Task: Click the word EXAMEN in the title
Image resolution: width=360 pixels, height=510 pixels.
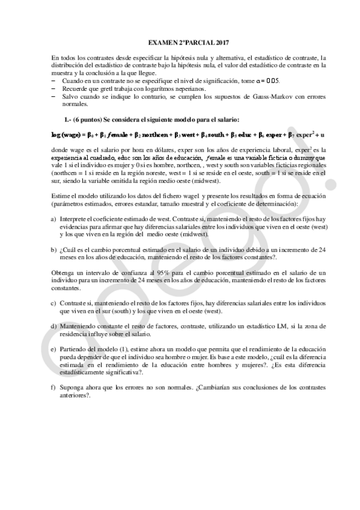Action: point(159,43)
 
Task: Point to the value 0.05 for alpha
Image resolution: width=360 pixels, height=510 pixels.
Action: point(272,80)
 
